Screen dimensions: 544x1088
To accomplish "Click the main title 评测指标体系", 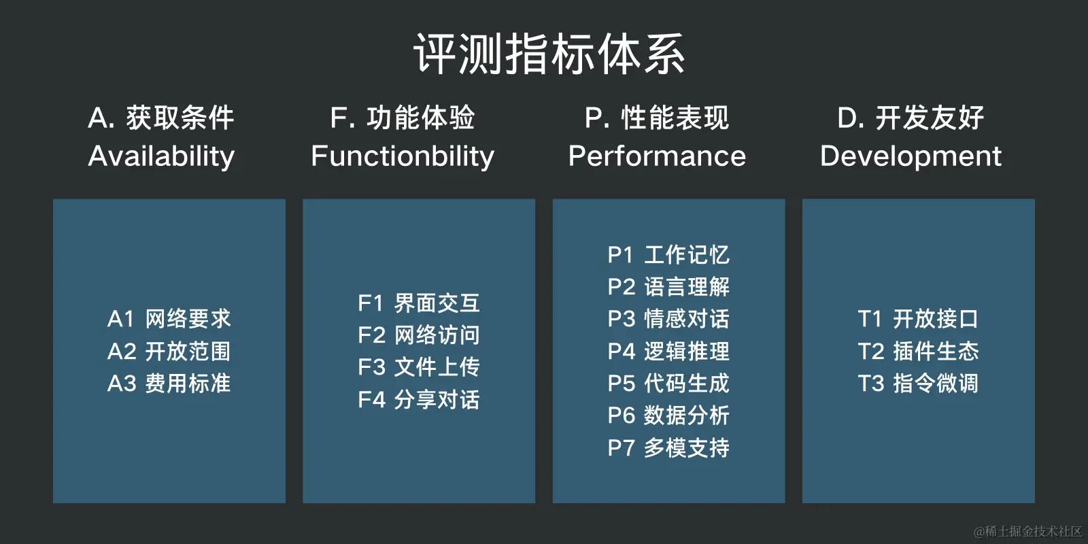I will [549, 54].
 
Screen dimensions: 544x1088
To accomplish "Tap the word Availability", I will [161, 156].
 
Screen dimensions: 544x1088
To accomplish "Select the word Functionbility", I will [403, 156].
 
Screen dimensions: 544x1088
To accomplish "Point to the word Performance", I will [657, 156].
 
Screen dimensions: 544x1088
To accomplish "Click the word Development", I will [911, 156].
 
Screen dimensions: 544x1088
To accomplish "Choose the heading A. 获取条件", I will [161, 118].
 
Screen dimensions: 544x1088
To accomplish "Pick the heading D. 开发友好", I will [911, 118].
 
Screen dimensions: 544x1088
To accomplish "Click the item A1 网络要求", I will [169, 318].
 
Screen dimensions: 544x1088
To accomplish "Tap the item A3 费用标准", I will [169, 383].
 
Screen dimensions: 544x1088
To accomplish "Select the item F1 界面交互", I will [419, 303].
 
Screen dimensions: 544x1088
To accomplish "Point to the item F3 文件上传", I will [419, 367].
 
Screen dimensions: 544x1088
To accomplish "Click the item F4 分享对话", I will [419, 399].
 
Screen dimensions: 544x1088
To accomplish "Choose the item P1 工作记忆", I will [668, 255].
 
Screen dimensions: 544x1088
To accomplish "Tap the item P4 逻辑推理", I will [668, 351].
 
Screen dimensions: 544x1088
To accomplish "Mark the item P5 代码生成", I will [668, 383].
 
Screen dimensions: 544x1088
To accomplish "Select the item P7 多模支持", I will [668, 447].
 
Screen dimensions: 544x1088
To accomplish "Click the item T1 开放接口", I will [918, 318].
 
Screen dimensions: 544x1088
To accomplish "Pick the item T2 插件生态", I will [918, 351].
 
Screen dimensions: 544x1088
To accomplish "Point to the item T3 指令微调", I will [918, 383].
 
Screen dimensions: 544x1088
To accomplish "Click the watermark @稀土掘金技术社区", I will [1027, 531].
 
